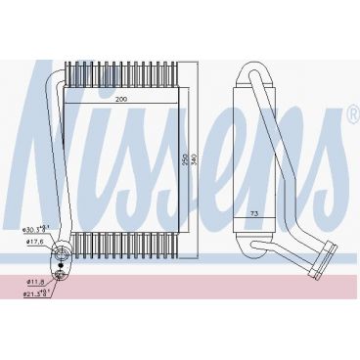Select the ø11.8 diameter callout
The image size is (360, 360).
tap(36, 280)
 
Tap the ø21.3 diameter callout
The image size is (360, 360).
tap(37, 291)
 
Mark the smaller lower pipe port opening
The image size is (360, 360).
tap(64, 278)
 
